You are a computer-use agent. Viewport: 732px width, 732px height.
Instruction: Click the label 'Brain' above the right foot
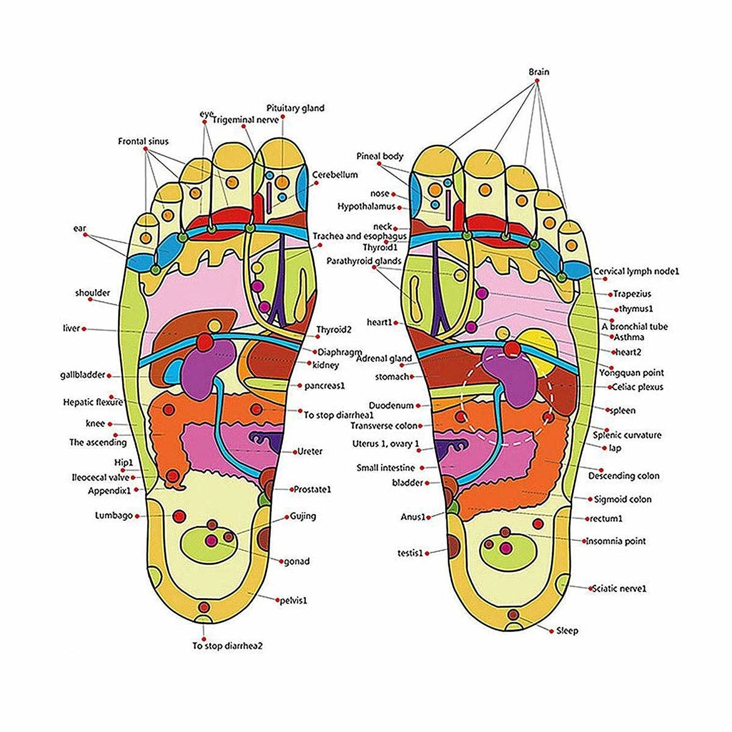[x=538, y=72]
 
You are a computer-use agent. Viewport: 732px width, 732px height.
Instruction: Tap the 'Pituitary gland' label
[x=295, y=108]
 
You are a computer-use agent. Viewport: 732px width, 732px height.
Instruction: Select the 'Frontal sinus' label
[x=143, y=141]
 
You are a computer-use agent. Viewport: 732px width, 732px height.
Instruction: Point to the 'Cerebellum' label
[x=335, y=175]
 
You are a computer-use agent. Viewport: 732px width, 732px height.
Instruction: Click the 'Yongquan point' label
[x=638, y=373]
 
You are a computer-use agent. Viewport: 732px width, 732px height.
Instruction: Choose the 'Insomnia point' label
[x=616, y=541]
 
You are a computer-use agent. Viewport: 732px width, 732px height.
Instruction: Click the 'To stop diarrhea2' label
[x=227, y=646]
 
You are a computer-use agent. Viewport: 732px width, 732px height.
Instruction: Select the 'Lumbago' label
[x=114, y=516]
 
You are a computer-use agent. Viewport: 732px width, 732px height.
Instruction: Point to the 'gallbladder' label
[x=83, y=375]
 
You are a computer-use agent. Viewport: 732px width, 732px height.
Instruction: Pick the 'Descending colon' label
[x=624, y=476]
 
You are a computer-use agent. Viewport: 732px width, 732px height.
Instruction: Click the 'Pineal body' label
[x=380, y=156]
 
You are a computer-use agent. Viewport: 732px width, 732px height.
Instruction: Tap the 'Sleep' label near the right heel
[x=567, y=631]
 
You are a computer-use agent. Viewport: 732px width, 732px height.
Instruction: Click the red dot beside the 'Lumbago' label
[x=137, y=516]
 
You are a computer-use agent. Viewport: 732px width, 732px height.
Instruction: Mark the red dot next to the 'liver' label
[x=84, y=329]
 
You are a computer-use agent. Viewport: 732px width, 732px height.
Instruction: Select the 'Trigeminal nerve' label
[x=245, y=120]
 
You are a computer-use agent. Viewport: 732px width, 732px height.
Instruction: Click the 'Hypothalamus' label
[x=366, y=207]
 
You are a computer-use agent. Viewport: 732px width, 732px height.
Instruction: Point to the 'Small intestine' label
[x=386, y=468]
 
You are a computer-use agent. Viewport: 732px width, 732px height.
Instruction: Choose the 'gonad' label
[x=297, y=561]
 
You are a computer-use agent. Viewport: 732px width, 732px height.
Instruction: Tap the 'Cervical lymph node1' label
[x=636, y=272]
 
